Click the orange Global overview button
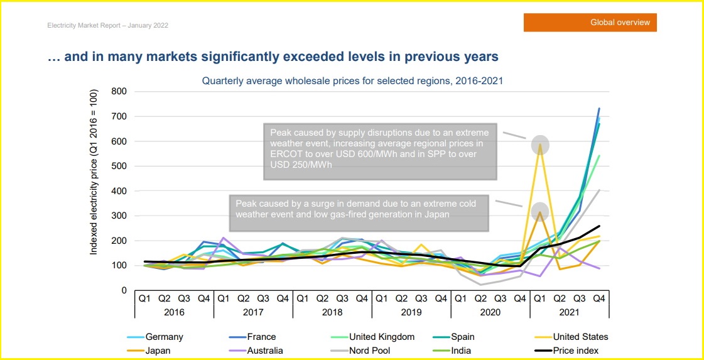pyautogui.click(x=590, y=23)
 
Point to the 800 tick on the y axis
pyautogui.click(x=119, y=92)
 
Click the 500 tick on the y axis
pyautogui.click(x=119, y=166)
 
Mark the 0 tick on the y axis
pyautogui.click(x=124, y=290)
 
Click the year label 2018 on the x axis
pyautogui.click(x=332, y=311)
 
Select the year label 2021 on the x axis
pyautogui.click(x=569, y=311)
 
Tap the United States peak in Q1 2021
pyautogui.click(x=539, y=145)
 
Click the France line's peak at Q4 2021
pyautogui.click(x=598, y=108)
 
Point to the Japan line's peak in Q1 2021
pyautogui.click(x=539, y=212)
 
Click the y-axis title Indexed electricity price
pyautogui.click(x=94, y=172)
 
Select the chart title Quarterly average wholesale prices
pyautogui.click(x=352, y=80)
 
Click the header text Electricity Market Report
pyautogui.click(x=107, y=26)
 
